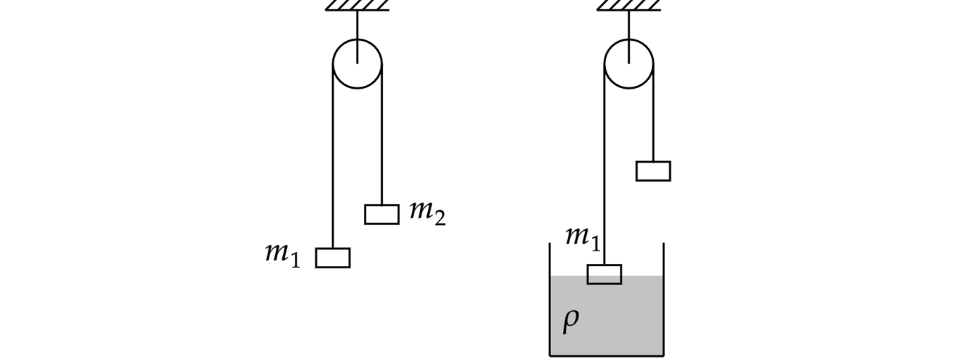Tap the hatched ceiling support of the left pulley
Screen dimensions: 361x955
358,6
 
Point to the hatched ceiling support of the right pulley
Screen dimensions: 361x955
629,6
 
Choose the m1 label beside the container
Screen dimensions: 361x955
583,237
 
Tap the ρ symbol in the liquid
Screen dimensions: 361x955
571,320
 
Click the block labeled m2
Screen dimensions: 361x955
382,214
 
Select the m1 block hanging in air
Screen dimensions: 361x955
333,258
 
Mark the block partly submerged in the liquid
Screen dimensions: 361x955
605,274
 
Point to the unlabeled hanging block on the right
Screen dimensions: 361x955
653,171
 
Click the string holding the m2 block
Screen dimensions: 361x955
382,141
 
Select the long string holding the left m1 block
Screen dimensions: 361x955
333,162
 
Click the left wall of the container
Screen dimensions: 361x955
550,303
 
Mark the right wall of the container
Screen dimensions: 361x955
664,303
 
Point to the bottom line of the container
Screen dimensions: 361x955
607,355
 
